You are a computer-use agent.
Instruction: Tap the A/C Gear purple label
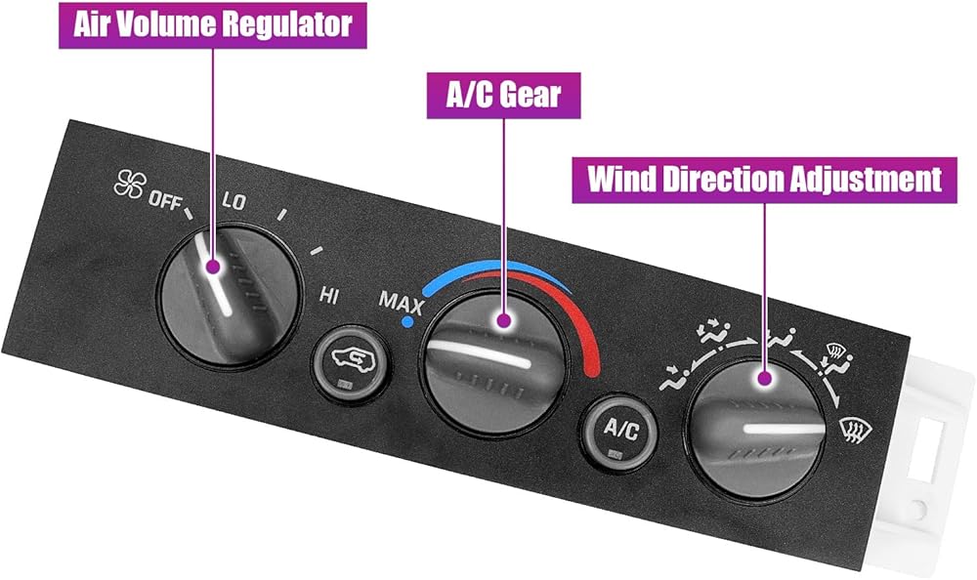pyautogui.click(x=502, y=95)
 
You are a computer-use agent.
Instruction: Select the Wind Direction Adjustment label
pyautogui.click(x=764, y=179)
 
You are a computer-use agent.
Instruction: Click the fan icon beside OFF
pyautogui.click(x=128, y=184)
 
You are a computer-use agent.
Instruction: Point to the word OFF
pyautogui.click(x=164, y=199)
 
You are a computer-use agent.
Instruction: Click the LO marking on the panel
pyautogui.click(x=234, y=202)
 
